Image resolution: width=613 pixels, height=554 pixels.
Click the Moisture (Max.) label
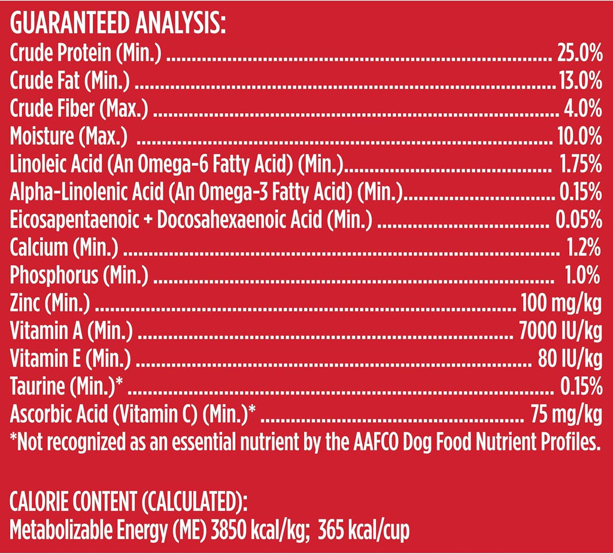pyautogui.click(x=69, y=137)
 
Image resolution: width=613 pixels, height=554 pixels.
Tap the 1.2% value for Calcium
pyautogui.click(x=584, y=247)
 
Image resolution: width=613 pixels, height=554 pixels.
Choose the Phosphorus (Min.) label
pyautogui.click(x=79, y=276)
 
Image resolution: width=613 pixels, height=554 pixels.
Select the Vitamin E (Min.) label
pyautogui.click(x=70, y=358)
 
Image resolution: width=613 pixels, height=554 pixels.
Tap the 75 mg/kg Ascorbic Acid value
pyautogui.click(x=566, y=414)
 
